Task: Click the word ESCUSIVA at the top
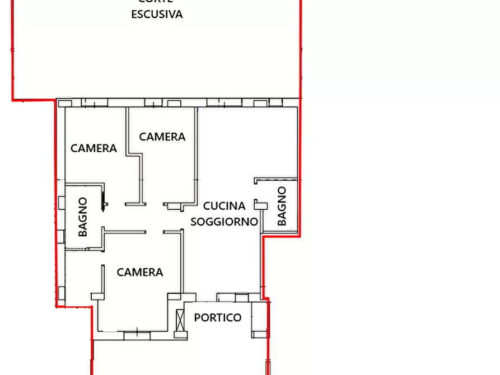pos(157,15)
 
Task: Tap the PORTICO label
pos(218,318)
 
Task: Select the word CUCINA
pos(224,206)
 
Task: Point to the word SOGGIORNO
pos(224,222)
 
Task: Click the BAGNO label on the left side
pos(83,217)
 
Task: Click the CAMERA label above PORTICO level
pos(140,273)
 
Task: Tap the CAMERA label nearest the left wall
pos(94,148)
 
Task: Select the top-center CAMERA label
pos(162,137)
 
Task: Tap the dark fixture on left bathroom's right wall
pos(104,199)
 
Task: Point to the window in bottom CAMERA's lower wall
pos(137,335)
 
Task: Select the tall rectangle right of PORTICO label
pos(259,318)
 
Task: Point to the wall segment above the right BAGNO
pos(275,180)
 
